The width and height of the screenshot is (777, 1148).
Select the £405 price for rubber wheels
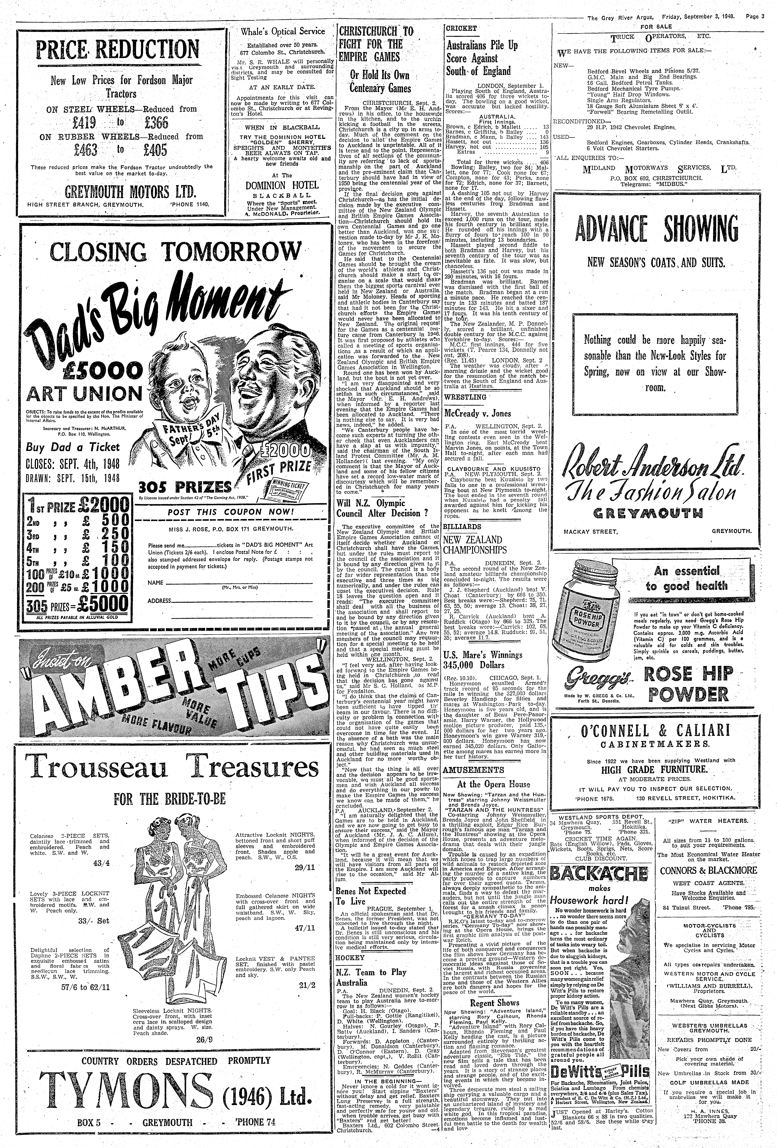153,150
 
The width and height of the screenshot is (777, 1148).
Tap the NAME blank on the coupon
237,583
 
